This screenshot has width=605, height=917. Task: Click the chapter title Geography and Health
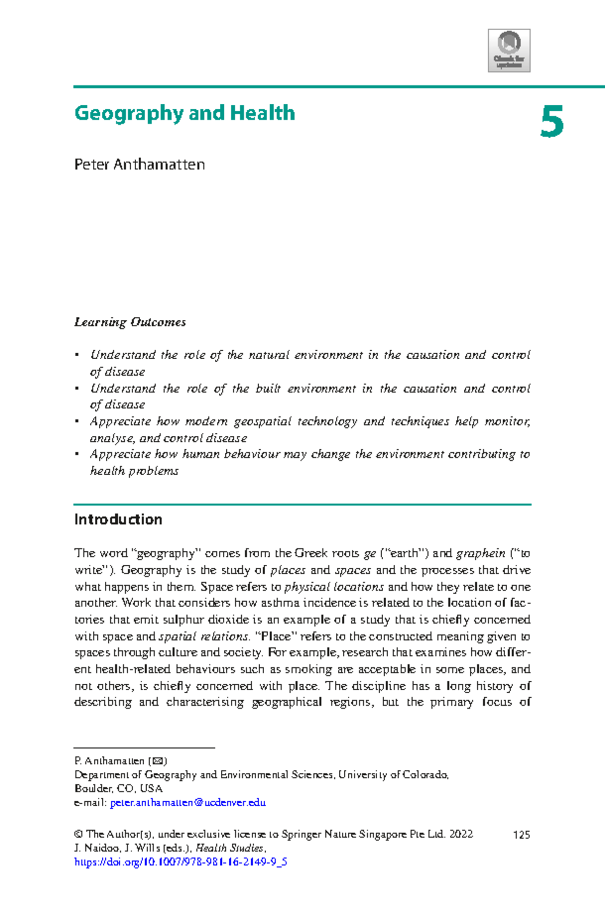[x=185, y=113]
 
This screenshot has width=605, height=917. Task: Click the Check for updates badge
[x=509, y=50]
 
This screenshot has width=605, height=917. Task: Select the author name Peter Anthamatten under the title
[x=139, y=165]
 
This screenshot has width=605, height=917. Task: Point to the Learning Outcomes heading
[x=130, y=322]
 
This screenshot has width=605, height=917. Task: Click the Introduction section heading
[x=118, y=519]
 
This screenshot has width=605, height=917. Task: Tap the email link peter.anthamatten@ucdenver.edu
[x=188, y=803]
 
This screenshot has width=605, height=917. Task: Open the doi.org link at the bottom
[x=180, y=862]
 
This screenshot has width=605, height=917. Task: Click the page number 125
[x=521, y=835]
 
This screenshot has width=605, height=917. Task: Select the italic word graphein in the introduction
[x=480, y=553]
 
